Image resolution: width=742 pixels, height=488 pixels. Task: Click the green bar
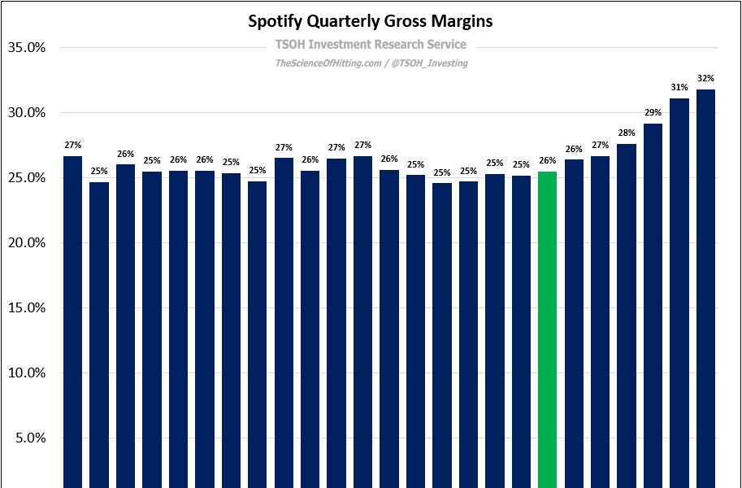(x=548, y=325)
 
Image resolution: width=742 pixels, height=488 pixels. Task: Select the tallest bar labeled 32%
(x=705, y=285)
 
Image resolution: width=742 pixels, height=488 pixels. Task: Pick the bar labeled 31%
(x=679, y=293)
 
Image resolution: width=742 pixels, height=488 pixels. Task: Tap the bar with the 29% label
(x=653, y=305)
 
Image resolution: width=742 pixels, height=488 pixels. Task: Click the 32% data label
(x=705, y=79)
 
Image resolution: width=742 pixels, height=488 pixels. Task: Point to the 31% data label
(x=679, y=88)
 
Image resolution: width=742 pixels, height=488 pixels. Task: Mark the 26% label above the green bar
(x=548, y=161)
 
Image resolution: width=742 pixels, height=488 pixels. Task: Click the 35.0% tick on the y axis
(x=26, y=48)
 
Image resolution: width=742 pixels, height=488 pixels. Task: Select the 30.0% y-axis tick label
(x=26, y=113)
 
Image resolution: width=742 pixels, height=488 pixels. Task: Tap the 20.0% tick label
(x=26, y=243)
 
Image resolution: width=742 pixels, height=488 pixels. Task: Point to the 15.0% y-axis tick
(x=26, y=308)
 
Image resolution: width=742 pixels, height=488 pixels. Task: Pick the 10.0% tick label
(x=26, y=373)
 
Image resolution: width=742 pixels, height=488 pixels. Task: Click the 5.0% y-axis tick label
(x=29, y=438)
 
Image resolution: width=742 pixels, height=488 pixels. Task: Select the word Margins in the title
(x=463, y=22)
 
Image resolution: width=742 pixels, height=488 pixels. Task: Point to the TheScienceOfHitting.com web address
(x=328, y=63)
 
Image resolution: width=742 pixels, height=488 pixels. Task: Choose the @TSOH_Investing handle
(x=430, y=63)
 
